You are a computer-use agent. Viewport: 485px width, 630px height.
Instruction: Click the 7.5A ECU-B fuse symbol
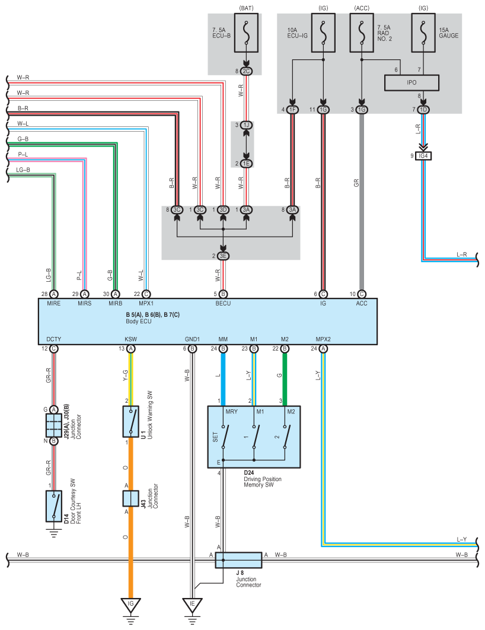point(246,33)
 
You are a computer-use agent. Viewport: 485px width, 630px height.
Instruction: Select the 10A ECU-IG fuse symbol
point(323,33)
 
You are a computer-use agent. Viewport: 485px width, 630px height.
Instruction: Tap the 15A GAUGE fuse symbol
point(423,33)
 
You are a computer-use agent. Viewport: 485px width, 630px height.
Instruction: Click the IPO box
point(411,83)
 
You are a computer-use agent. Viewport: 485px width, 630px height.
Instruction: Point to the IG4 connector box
point(423,156)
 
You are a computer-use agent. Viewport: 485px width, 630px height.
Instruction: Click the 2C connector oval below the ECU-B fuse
point(246,71)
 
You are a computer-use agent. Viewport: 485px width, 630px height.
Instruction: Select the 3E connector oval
point(223,256)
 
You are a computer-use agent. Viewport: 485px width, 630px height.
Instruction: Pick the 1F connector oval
point(293,109)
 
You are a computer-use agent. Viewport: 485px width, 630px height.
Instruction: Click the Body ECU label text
point(139,322)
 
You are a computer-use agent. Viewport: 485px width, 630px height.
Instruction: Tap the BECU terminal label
point(223,303)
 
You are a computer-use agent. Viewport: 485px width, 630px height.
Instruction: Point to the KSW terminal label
point(130,339)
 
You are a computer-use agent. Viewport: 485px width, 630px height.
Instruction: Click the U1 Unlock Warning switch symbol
point(130,421)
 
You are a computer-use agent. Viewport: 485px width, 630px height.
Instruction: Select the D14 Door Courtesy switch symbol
point(54,506)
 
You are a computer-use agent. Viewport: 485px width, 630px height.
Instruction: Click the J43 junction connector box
point(130,499)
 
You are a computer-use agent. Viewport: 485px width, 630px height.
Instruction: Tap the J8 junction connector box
point(238,560)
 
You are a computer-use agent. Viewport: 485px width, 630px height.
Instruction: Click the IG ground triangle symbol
point(130,605)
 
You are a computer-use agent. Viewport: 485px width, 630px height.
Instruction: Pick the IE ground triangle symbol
point(192,605)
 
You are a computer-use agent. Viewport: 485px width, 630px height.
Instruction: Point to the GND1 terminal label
point(192,339)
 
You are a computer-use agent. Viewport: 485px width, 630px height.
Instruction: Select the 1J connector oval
point(246,125)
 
